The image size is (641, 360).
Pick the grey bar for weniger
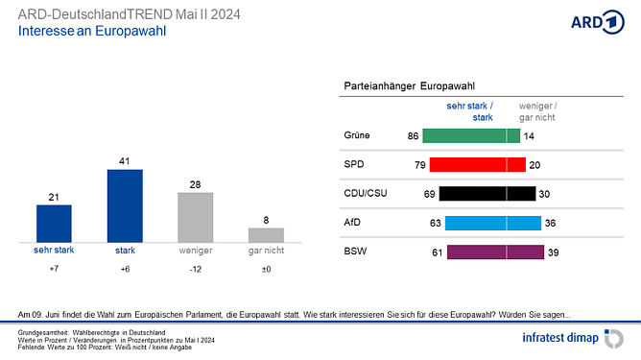[x=196, y=217]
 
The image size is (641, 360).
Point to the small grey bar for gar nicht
[x=267, y=234]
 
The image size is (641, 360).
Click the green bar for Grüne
[x=471, y=136]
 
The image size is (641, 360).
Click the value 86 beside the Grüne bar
[x=413, y=136]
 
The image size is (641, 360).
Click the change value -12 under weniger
[x=196, y=270]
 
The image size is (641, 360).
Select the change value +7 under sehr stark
[x=54, y=270]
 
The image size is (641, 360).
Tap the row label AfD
[x=352, y=223]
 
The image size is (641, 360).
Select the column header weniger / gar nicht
[x=537, y=110]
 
